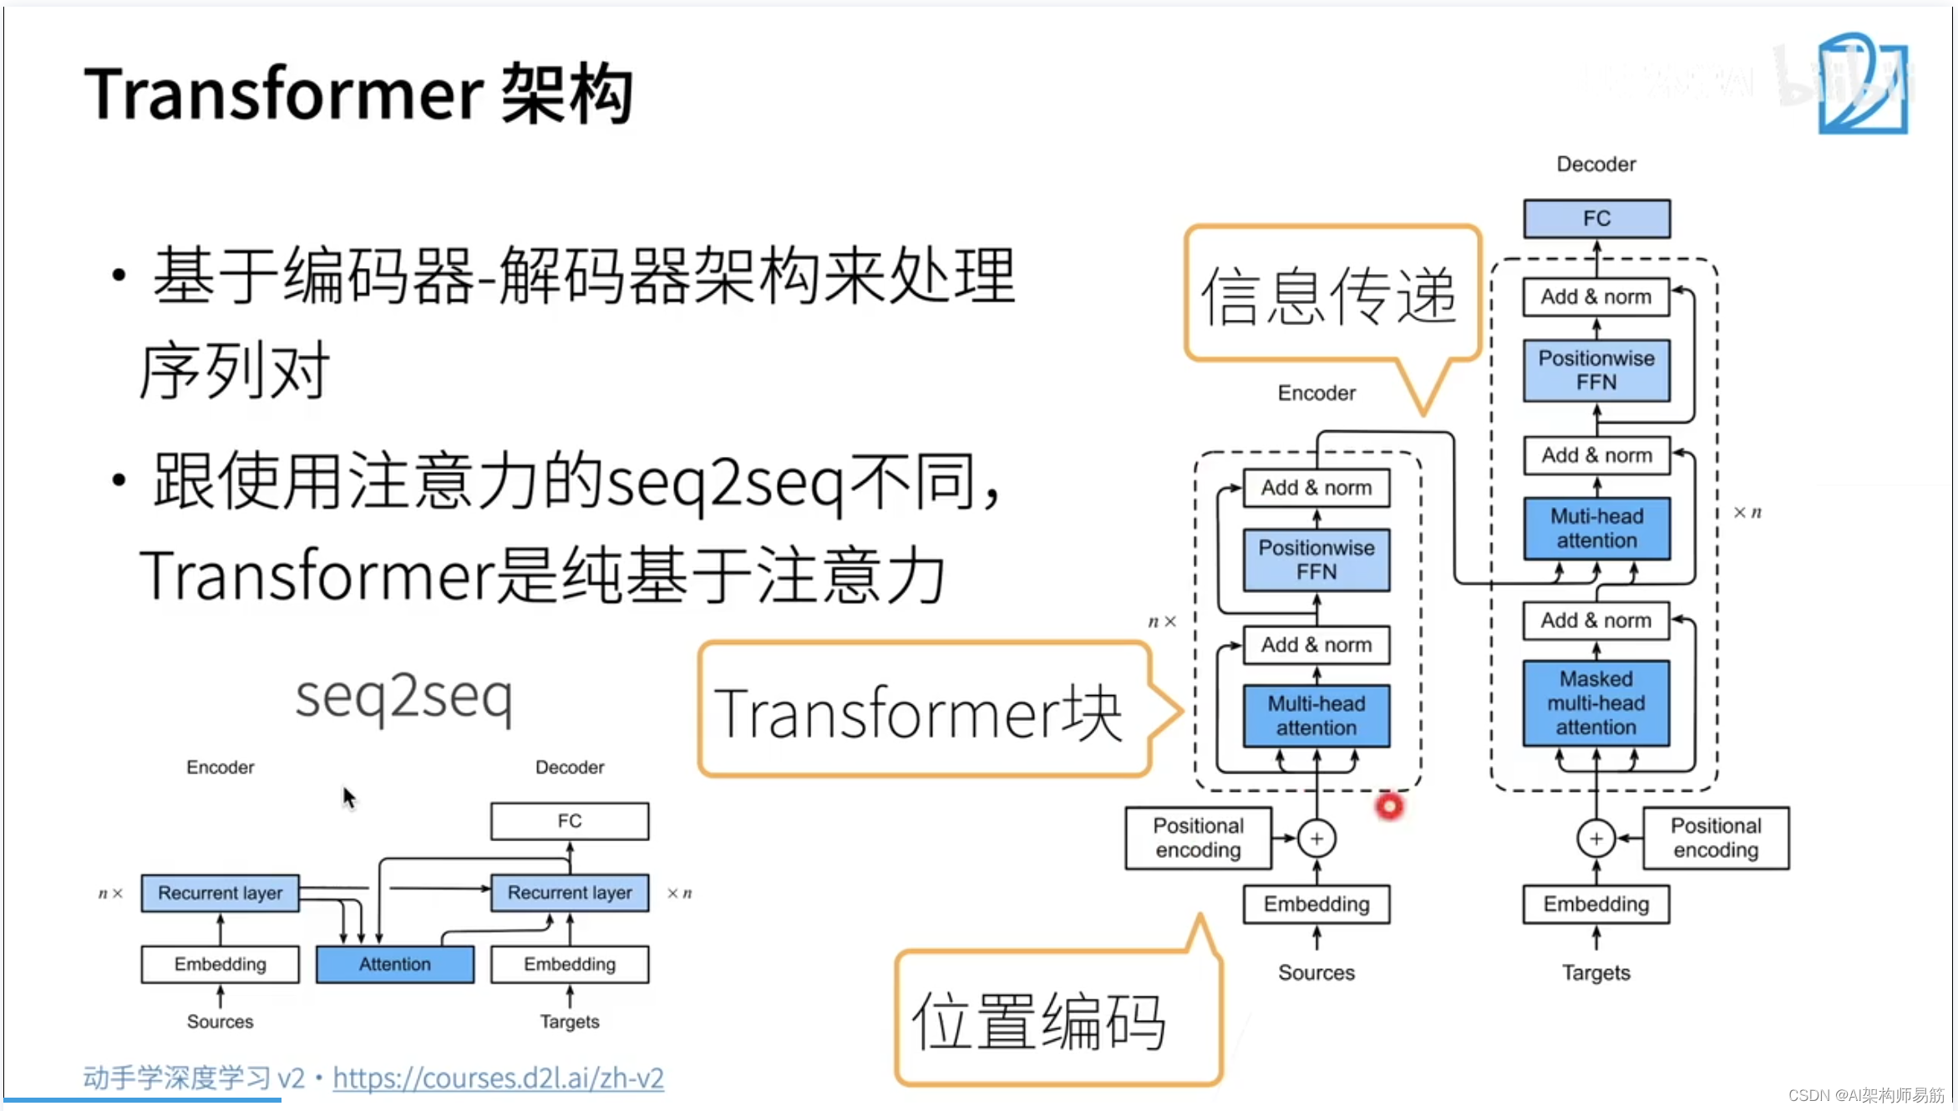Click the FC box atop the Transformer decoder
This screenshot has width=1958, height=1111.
point(1596,219)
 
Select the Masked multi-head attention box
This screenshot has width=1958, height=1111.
point(1596,703)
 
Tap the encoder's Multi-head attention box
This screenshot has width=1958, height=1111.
point(1316,716)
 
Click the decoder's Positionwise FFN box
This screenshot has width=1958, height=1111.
point(1596,370)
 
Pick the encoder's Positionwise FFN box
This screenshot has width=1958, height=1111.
point(1316,560)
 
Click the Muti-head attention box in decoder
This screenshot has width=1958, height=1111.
point(1596,528)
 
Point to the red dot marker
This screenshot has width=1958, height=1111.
point(1389,806)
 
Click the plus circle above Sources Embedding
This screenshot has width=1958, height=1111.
point(1316,839)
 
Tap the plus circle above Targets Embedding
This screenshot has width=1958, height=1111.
point(1595,839)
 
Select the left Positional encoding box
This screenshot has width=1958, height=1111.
point(1198,838)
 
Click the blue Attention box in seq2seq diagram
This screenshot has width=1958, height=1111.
point(395,964)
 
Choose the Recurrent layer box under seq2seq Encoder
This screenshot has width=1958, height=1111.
point(220,893)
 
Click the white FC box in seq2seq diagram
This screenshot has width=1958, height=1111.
point(570,821)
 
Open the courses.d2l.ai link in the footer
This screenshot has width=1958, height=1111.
point(498,1078)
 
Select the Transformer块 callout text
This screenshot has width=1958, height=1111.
point(918,713)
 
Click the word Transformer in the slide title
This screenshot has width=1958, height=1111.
point(283,94)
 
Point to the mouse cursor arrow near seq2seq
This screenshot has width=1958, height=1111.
point(348,797)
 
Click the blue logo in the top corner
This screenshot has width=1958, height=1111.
point(1863,84)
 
